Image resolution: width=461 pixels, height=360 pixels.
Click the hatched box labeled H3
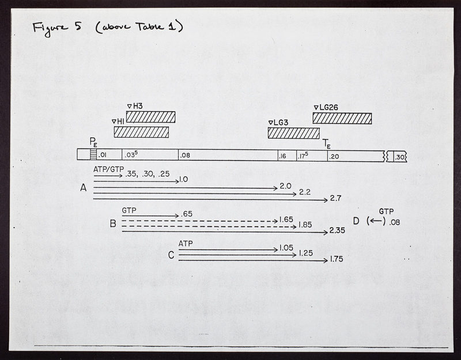pos(151,117)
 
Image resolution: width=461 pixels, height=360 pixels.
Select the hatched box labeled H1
pos(141,132)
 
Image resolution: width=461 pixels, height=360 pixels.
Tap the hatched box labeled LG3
pos(294,133)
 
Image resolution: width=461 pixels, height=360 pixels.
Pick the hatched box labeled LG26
pos(342,119)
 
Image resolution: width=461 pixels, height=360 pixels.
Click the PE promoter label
pos(93,142)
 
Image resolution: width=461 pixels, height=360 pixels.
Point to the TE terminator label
pos(327,143)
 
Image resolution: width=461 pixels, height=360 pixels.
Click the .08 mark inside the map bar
pos(185,155)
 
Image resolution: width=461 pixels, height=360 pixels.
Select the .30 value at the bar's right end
pos(399,157)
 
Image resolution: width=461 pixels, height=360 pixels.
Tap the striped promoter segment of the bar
pos(93,154)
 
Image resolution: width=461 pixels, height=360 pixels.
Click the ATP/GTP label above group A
pos(108,169)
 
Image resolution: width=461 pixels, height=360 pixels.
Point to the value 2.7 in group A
pos(335,198)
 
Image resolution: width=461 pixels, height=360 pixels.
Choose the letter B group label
pos(113,223)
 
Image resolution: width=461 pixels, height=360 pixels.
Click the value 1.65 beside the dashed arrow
pos(286,219)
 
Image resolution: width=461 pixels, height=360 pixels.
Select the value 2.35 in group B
pos(337,230)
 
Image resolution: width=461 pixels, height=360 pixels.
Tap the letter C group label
pos(171,255)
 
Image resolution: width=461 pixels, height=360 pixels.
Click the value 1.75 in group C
pos(337,259)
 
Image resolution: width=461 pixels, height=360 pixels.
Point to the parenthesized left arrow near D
pos(376,221)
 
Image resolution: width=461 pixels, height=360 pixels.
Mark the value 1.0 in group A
pos(183,179)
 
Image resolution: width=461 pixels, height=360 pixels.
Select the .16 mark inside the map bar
pos(282,156)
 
